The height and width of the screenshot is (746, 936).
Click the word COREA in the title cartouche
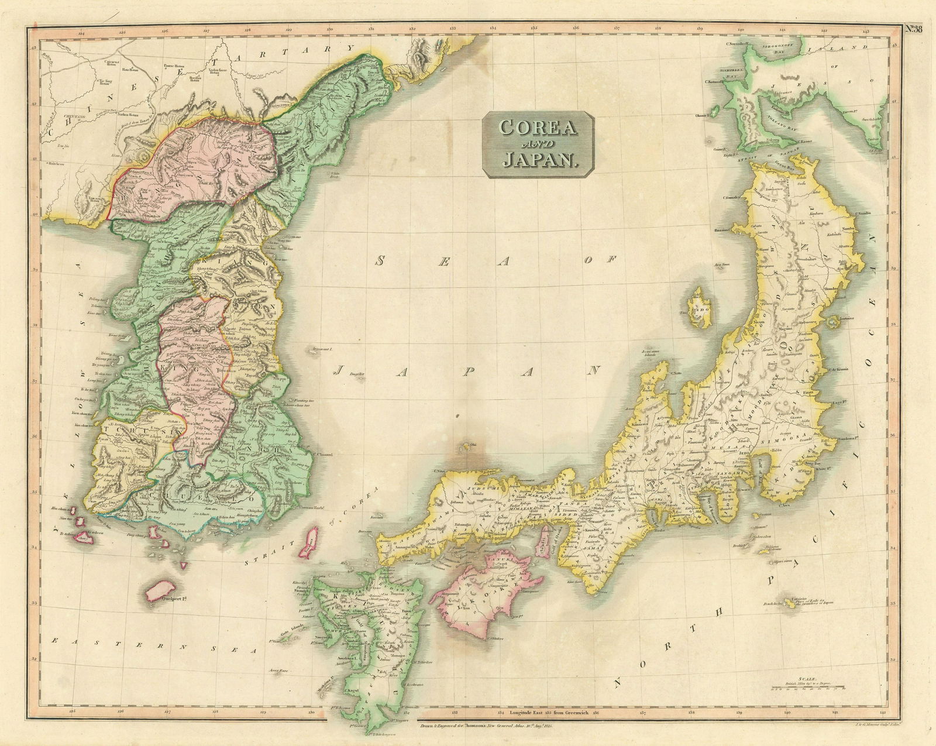pyautogui.click(x=538, y=127)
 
